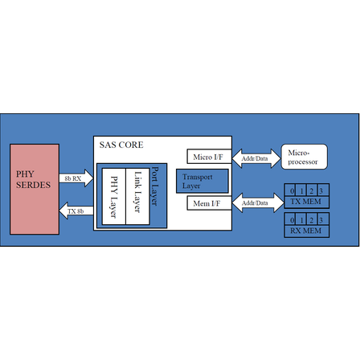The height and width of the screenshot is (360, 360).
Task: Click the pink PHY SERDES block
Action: click(x=35, y=190)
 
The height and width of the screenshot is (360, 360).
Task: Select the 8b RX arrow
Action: click(x=76, y=178)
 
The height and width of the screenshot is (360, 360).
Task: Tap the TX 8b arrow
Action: click(x=76, y=211)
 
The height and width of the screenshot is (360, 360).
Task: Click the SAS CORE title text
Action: click(x=121, y=145)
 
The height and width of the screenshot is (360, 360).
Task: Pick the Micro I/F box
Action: click(x=209, y=157)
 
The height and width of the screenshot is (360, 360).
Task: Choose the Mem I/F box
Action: click(x=209, y=203)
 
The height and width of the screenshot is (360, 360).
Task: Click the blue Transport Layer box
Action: click(x=202, y=181)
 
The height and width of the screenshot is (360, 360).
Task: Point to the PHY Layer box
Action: click(x=114, y=196)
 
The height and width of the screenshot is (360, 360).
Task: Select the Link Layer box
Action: click(x=137, y=196)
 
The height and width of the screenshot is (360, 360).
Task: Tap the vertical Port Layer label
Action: click(x=155, y=186)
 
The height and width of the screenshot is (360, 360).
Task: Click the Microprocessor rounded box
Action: click(x=305, y=157)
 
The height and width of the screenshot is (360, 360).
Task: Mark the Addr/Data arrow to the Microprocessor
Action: click(x=256, y=158)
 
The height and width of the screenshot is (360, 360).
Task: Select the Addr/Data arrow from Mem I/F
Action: click(x=258, y=202)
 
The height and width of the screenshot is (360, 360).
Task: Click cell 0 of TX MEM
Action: click(x=290, y=190)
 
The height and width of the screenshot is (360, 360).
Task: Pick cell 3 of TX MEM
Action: click(x=323, y=190)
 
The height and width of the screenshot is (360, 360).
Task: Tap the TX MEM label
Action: click(x=305, y=202)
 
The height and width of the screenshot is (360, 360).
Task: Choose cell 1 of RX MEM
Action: click(x=301, y=219)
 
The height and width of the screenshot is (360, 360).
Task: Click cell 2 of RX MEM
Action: click(x=312, y=219)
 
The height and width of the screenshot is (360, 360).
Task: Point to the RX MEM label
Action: click(x=305, y=231)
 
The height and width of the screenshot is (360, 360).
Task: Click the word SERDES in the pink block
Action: click(x=33, y=185)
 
